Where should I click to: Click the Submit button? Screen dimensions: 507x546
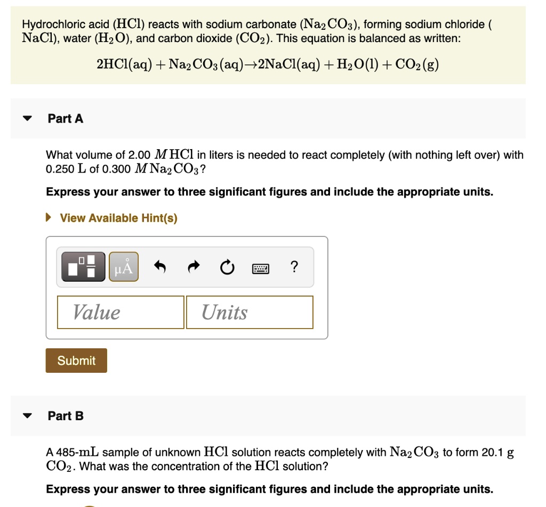(x=76, y=361)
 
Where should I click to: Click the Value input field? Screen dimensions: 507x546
(x=121, y=312)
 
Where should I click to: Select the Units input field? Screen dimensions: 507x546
(x=250, y=312)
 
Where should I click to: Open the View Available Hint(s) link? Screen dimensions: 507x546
(x=118, y=218)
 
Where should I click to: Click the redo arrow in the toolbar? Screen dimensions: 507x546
(x=194, y=266)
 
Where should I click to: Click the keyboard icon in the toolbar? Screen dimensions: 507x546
(x=261, y=267)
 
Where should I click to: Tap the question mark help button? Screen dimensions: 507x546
(x=294, y=266)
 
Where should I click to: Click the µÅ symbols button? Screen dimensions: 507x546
(x=124, y=266)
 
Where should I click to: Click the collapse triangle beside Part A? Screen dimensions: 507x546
(x=28, y=119)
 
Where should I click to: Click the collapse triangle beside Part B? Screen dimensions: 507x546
(x=28, y=416)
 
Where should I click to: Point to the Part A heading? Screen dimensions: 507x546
(x=66, y=119)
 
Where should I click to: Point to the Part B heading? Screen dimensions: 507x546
(x=66, y=416)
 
